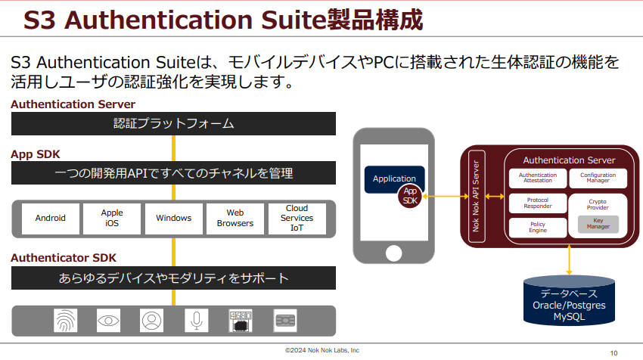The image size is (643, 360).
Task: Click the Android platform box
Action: coord(51,219)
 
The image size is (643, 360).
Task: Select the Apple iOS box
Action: coord(112,219)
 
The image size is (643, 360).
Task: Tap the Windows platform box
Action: coord(174,219)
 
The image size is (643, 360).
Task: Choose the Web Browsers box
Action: coord(235,219)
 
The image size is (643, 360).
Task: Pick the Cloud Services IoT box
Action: coord(297,219)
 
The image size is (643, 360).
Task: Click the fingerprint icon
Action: coord(66,320)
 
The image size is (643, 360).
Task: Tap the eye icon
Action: coord(109,320)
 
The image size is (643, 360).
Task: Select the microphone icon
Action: coord(197,320)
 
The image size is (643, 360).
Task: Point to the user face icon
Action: coord(152,320)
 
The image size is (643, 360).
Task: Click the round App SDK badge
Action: coord(410,196)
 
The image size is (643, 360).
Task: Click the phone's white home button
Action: coord(393,253)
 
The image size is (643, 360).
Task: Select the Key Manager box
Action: coord(598,224)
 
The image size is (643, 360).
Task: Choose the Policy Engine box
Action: coord(538,228)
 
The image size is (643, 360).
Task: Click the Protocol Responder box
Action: coord(538,203)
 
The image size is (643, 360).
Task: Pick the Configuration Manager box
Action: coord(598,178)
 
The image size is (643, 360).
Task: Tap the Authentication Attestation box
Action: coord(538,178)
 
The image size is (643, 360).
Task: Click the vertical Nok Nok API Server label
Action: coord(476,196)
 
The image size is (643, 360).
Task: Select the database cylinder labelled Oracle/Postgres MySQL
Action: coord(569,300)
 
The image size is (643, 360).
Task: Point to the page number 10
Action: coord(614,353)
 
